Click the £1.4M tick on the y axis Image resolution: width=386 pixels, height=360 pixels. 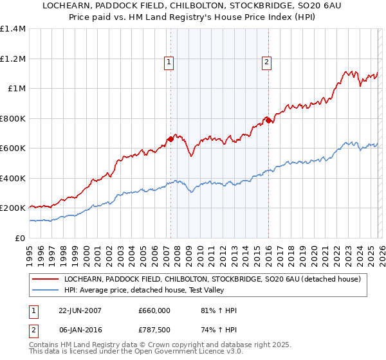(x=14, y=29)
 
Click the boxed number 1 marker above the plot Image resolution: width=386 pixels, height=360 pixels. (x=169, y=62)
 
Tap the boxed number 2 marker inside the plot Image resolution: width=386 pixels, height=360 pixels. (x=266, y=62)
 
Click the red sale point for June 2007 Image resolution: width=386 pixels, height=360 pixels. (x=170, y=139)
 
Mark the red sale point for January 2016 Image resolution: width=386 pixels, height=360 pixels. (x=268, y=120)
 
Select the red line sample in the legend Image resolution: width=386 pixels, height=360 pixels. (x=44, y=279)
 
